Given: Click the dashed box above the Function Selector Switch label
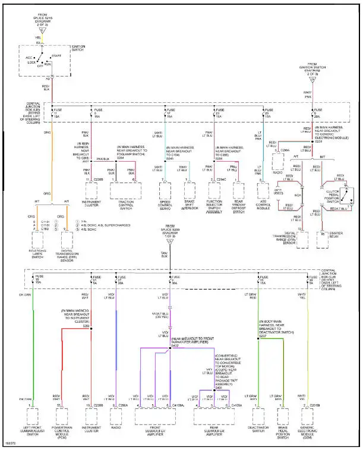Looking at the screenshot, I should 214,190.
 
